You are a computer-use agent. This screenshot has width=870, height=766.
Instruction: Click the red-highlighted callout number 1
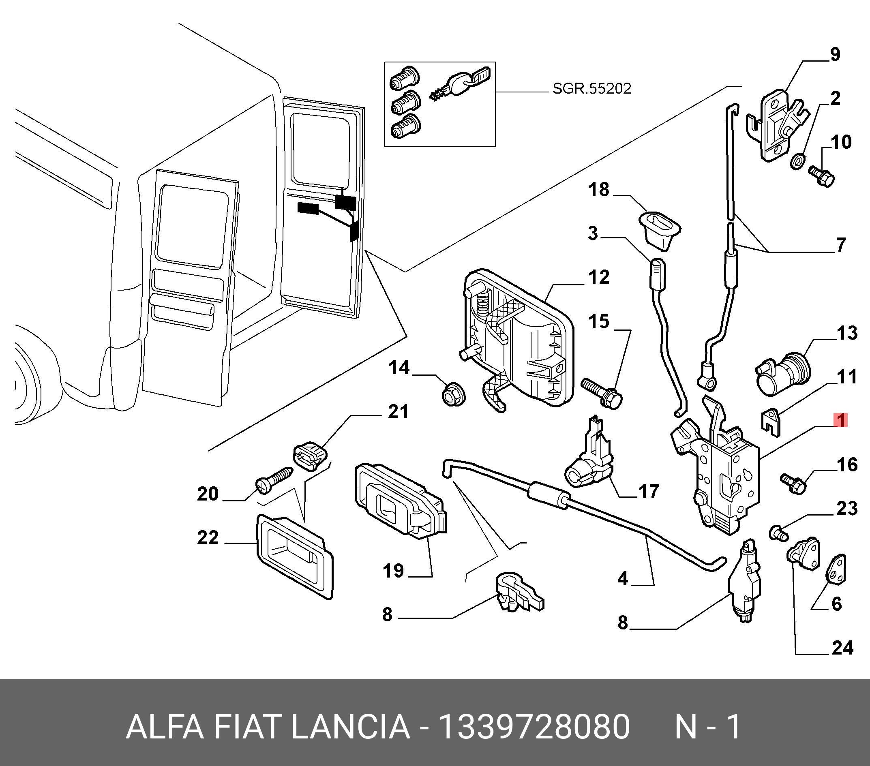point(841,420)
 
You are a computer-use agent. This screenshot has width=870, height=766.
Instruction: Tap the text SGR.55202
point(591,88)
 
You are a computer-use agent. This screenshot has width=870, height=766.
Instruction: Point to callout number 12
point(599,278)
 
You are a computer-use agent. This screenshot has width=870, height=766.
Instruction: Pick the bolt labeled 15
point(602,392)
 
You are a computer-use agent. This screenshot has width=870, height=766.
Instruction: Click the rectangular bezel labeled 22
point(295,556)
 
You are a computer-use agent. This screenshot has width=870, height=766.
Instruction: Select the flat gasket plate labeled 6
point(837,570)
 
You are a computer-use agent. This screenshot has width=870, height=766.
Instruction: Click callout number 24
point(842,648)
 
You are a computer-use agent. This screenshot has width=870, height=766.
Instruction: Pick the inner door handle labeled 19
point(400,502)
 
